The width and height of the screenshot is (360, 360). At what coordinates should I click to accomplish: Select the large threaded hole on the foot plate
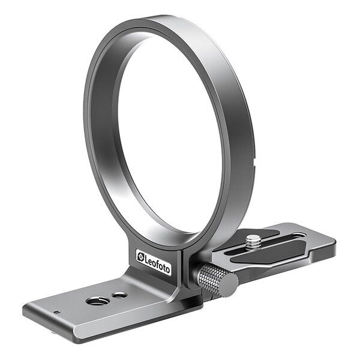pos(97,300)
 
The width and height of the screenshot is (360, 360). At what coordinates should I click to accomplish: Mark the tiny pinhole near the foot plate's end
pos(56,312)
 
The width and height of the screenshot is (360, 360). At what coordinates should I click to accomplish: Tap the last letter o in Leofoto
pos(167,268)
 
